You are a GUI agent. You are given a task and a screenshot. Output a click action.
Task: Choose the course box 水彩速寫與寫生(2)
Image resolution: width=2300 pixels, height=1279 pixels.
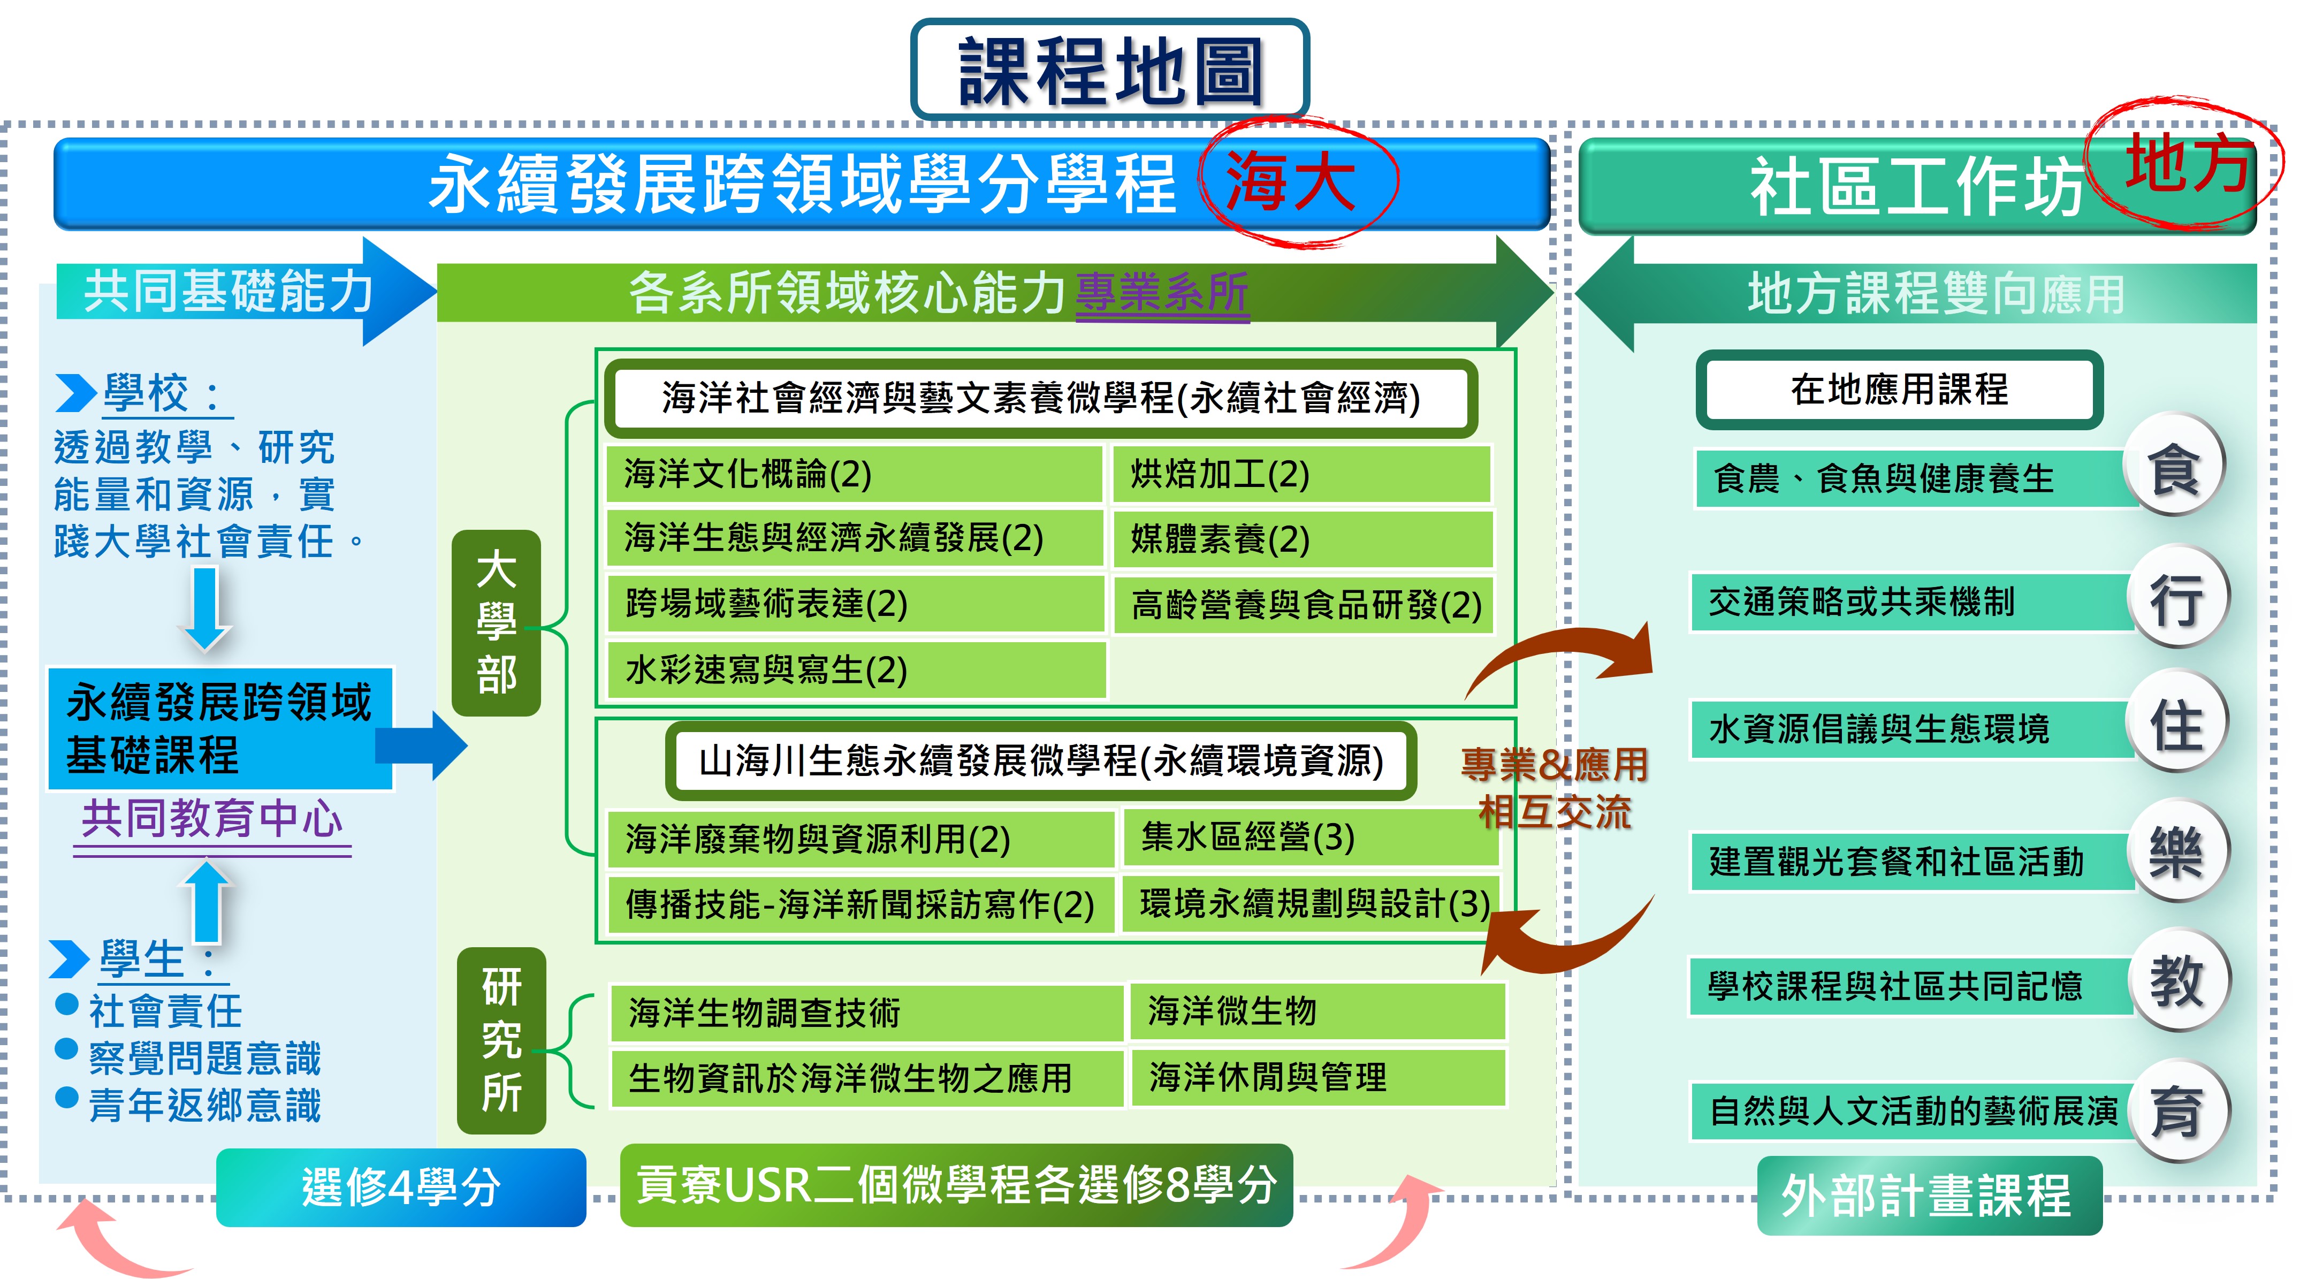click(855, 669)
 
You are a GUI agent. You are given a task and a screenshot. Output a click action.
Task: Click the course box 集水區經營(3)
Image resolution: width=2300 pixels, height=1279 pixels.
click(1309, 837)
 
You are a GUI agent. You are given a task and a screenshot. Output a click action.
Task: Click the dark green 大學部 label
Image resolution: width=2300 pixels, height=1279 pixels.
click(497, 622)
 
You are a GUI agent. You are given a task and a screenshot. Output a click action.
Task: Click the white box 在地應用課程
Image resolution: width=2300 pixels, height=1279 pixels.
click(1899, 390)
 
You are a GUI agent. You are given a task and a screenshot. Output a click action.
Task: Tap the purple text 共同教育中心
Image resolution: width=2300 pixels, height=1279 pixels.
click(212, 819)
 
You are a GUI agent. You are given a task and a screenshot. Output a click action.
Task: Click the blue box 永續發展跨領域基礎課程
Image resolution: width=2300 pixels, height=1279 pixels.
click(219, 728)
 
